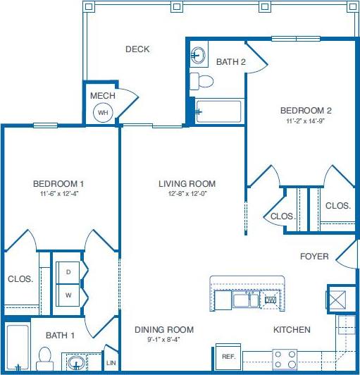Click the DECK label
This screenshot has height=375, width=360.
coord(137,49)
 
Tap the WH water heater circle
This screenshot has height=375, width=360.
coord(103,112)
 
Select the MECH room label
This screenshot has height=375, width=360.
coord(103,95)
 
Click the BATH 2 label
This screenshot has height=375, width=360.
coord(230,62)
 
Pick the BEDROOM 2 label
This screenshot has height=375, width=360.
coord(306,110)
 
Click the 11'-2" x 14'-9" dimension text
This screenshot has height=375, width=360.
coord(306,121)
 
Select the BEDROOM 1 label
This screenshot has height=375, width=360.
coord(58,184)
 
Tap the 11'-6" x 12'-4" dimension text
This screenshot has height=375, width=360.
coord(58,194)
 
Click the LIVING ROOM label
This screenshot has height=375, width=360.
coord(187,184)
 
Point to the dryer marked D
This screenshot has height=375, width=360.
coord(68,271)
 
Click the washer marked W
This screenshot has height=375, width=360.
coord(68,294)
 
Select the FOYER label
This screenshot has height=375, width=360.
coord(314,257)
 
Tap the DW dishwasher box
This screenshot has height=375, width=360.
coord(270,300)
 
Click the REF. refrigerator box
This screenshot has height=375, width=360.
coord(228,357)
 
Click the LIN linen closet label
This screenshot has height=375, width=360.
coord(111,363)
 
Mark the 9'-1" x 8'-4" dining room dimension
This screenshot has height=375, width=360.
coord(164,339)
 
